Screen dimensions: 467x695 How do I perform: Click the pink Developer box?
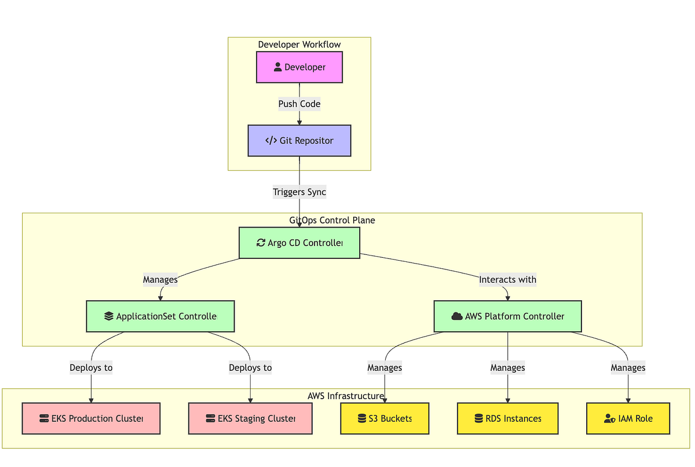[299, 67]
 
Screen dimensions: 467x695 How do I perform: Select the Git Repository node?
[299, 141]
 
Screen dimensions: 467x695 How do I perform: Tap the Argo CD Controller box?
[299, 243]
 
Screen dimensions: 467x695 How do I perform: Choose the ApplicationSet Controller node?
[160, 316]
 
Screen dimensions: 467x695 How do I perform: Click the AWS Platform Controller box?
[508, 316]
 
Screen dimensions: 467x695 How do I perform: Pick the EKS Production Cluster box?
[91, 418]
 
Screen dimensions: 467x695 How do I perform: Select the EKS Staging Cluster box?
[250, 418]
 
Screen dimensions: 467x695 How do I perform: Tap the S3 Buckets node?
[385, 418]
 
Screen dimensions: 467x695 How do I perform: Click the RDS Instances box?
[508, 418]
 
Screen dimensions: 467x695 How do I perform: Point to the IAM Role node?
[628, 418]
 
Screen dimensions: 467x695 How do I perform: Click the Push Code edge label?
[299, 104]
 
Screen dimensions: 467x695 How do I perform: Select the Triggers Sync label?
[299, 192]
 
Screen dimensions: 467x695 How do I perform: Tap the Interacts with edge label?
[507, 280]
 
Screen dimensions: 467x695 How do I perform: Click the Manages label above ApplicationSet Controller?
[160, 280]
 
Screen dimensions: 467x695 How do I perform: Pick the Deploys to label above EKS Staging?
[250, 367]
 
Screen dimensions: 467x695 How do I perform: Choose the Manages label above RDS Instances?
[508, 367]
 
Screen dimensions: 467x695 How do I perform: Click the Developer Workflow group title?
[299, 45]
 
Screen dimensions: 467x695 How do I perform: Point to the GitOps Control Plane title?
[332, 220]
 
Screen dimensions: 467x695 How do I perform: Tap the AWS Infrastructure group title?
[346, 396]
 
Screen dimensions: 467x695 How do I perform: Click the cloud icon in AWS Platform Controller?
[457, 316]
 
